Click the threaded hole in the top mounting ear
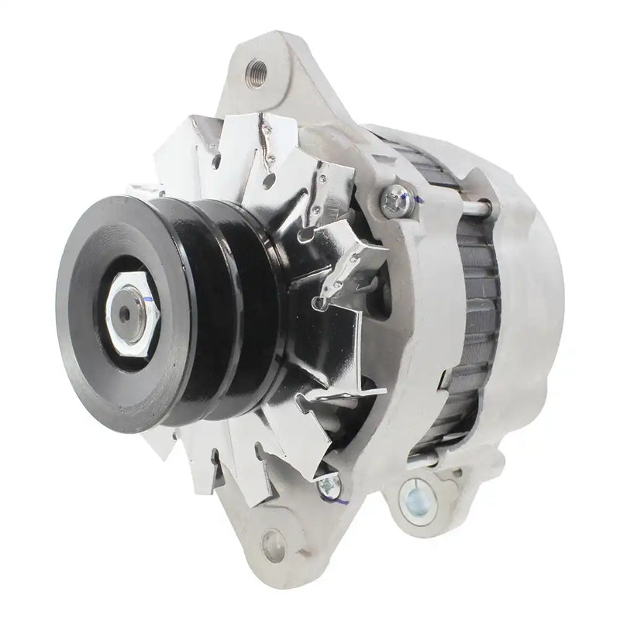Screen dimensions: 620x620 click(x=257, y=74)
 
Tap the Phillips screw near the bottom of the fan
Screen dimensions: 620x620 click(x=329, y=486)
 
